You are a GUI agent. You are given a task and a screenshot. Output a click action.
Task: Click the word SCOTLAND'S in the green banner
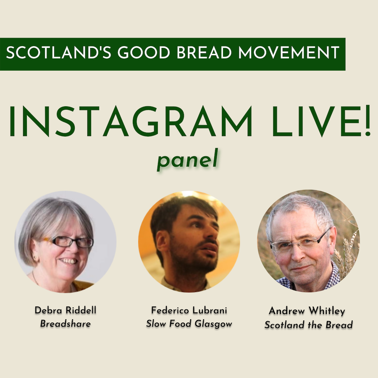pos(58,52)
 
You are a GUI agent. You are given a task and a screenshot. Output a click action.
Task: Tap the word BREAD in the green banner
pos(204,52)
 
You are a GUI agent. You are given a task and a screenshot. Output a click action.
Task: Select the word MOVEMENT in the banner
pos(289,52)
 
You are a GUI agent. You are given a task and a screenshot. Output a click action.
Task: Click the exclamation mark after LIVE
pos(367,121)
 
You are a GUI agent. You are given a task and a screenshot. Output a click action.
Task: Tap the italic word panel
pos(187,160)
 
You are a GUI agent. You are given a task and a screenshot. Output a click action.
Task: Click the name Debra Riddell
pos(66,310)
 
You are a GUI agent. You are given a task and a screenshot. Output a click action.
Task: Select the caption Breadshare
pos(66,323)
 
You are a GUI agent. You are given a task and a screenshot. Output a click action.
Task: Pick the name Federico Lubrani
pos(189,310)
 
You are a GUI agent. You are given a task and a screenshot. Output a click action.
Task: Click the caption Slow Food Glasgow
pos(189,324)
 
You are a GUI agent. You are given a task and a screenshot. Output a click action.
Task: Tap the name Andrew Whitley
pos(307,311)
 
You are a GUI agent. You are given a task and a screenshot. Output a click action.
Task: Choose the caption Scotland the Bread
pos(309,325)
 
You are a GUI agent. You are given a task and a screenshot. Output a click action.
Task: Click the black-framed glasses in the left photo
pos(70,242)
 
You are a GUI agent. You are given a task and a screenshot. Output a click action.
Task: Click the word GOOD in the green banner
pos(144,52)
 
